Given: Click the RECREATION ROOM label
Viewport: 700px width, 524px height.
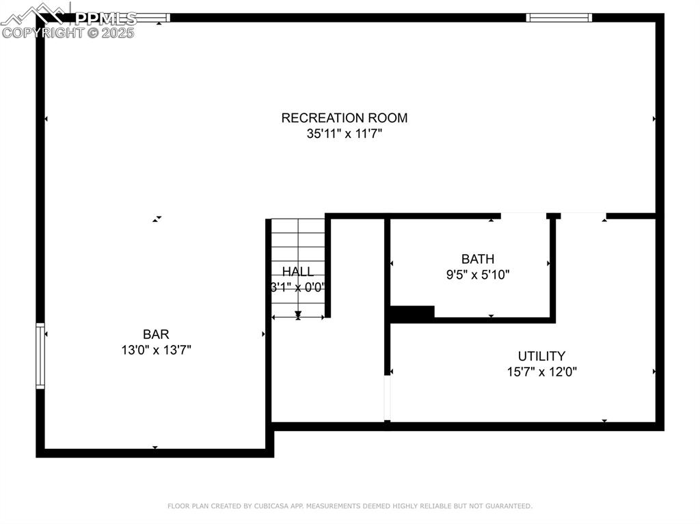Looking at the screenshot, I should (344, 118).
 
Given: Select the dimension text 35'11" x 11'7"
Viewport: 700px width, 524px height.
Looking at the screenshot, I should (344, 134).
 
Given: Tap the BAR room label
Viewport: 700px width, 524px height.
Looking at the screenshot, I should (156, 334).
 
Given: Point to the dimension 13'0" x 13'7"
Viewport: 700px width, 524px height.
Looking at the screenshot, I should (156, 350).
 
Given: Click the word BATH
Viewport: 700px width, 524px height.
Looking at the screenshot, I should (477, 259).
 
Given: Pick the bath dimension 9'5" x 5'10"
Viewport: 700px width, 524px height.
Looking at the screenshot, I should (478, 275).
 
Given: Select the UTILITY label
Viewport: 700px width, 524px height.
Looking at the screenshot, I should (541, 356).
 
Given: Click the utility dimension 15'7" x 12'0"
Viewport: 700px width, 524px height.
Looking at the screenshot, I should (541, 372).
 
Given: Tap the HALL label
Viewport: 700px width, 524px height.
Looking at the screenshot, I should (298, 271).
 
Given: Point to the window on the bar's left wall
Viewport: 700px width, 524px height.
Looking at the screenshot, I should (40, 356).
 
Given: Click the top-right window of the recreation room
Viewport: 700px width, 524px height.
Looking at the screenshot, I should (558, 18).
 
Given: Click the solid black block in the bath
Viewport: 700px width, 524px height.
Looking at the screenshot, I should (412, 313).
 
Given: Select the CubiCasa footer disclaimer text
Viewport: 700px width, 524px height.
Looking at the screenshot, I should (349, 506).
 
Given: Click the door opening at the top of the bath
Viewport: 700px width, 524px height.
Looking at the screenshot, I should (524, 216).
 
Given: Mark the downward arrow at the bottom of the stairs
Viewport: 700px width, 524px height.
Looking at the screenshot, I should (298, 314).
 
